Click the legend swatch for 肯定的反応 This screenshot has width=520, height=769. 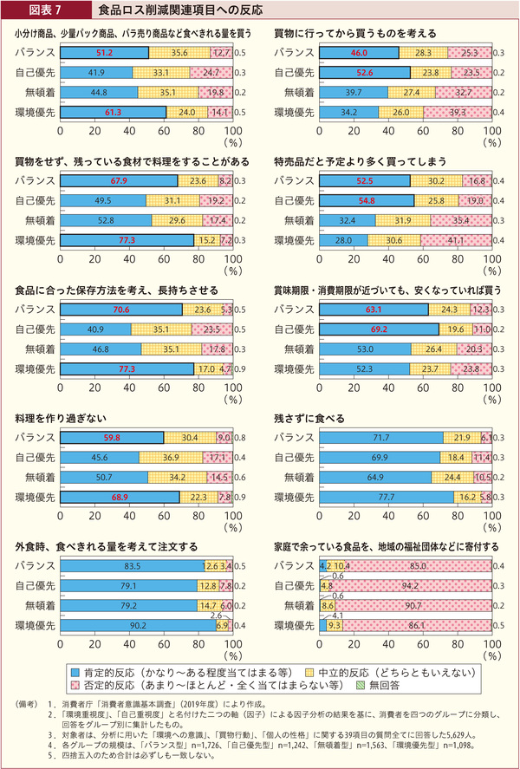click(75, 670)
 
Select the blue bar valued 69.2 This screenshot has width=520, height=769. click(378, 330)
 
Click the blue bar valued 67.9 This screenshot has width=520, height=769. click(119, 181)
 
